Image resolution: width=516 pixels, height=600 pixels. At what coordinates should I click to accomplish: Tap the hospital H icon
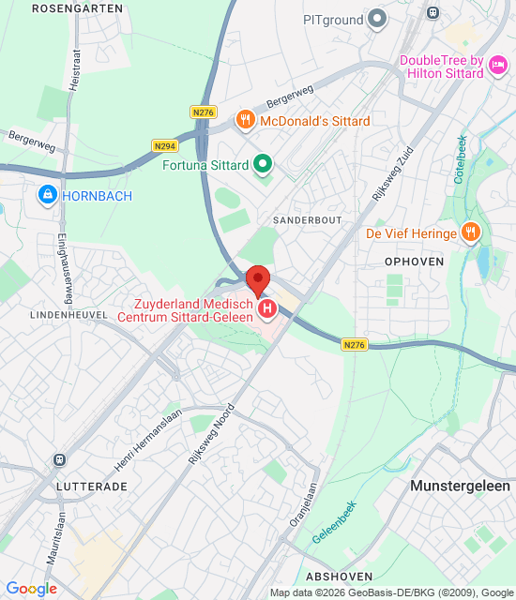coord(267,307)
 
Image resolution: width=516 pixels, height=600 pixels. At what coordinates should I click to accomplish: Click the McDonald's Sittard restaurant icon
coord(245,119)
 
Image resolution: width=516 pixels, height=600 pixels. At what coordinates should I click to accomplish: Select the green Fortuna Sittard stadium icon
coord(264,166)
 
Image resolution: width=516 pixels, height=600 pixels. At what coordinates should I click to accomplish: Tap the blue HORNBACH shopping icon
coord(46,195)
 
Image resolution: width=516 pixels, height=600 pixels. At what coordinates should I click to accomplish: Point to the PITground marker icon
coord(377,18)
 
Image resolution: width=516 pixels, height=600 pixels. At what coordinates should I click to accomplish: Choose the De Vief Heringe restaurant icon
coord(472,232)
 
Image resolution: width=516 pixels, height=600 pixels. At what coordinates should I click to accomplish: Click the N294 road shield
coord(164,146)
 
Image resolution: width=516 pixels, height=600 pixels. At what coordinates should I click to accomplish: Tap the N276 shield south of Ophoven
coord(354,345)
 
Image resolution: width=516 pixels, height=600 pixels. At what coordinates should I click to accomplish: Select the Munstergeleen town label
coord(460,486)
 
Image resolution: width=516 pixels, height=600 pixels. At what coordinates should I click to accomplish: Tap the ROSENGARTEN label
coord(76,7)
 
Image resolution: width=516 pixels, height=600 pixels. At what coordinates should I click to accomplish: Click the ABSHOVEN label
coord(338,576)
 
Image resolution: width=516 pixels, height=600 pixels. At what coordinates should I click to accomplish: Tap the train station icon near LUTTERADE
coord(59,460)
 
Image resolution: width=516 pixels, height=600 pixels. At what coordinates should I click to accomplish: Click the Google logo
coord(31,589)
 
